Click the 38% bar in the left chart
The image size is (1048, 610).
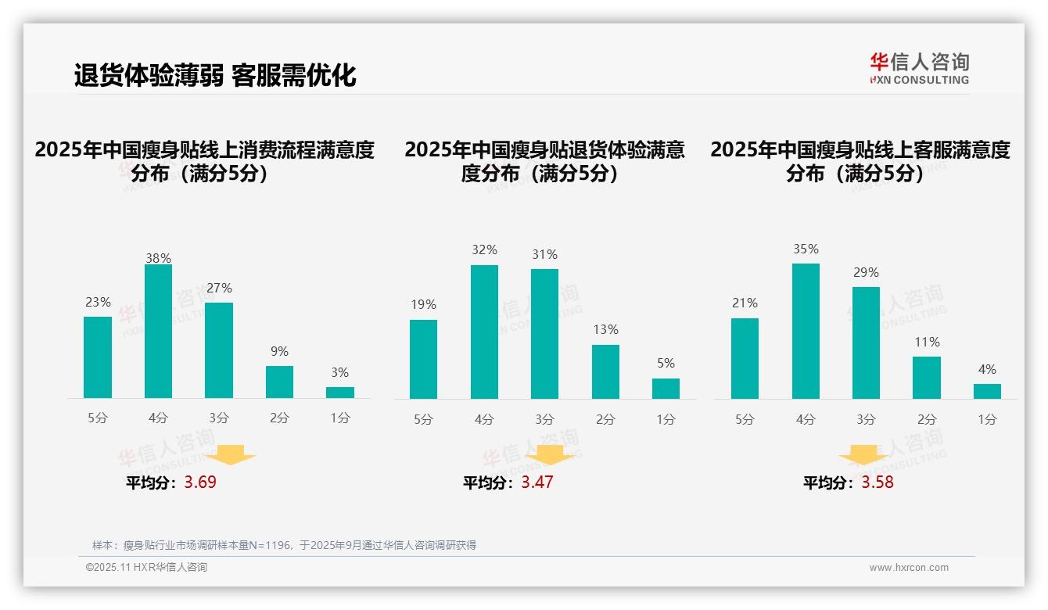coord(158,332)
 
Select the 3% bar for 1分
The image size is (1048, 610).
coord(340,393)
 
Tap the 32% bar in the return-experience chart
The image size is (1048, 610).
coord(484,332)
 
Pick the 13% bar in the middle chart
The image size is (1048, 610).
coord(605,371)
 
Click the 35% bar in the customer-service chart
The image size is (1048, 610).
coord(806,331)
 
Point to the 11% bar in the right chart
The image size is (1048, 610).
coord(927,378)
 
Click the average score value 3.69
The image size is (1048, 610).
coord(200,483)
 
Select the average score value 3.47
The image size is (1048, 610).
coord(537,483)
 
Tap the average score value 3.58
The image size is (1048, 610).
coord(878,483)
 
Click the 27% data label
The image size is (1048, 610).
coord(219,289)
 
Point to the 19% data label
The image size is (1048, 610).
coord(423,305)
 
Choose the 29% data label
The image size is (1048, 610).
coord(866,273)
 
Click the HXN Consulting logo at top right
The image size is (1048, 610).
coord(919,68)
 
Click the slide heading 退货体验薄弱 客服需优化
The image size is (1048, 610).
coord(215,75)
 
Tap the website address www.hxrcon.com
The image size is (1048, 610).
coord(909,568)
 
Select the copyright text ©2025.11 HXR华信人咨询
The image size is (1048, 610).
coord(146,568)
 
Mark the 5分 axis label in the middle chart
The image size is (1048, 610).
coord(423,419)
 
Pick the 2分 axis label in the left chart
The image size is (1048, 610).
coord(279,418)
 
